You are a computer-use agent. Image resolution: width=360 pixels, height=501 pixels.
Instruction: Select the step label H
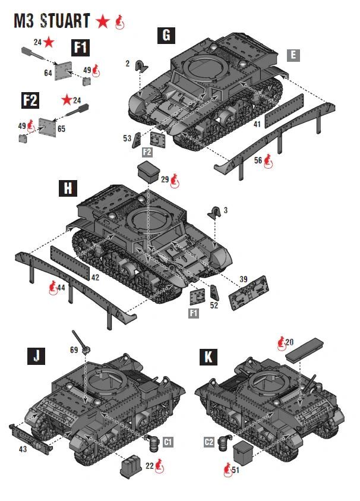point(68,188)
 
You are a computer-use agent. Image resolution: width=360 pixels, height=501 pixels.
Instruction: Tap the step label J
point(36,357)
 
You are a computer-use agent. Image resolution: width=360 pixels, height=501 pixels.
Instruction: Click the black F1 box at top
point(80,48)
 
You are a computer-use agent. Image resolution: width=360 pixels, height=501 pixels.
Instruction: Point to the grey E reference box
point(292,55)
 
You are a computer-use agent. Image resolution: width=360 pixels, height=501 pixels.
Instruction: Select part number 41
point(257,125)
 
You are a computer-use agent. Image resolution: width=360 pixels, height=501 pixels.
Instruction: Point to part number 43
point(23,449)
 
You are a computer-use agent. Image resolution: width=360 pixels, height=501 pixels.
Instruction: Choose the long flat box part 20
point(304,349)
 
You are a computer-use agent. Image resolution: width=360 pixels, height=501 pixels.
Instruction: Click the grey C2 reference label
point(209,442)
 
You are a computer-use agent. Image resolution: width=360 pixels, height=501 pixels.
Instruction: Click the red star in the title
point(103,22)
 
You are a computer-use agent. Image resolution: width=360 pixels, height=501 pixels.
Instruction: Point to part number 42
point(95,277)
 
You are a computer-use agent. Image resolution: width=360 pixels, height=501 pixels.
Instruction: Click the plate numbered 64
point(64,70)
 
